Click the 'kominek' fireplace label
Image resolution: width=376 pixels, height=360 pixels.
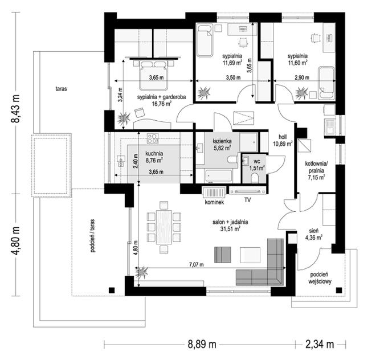point(214,202)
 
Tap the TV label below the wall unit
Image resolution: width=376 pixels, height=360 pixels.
point(247,199)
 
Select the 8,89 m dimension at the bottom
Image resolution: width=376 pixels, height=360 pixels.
point(202,345)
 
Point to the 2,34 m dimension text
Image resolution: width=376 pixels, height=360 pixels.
point(320,345)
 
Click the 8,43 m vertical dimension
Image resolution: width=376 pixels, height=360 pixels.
point(15,109)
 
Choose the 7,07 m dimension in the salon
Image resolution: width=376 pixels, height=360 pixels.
point(196,264)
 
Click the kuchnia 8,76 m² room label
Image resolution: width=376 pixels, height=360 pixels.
point(154,157)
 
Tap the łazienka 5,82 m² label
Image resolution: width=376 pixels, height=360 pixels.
point(222,145)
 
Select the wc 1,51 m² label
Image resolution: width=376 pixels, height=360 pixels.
point(257,165)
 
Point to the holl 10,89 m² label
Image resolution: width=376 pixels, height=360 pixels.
point(283,140)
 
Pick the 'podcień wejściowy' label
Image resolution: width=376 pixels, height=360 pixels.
point(320,278)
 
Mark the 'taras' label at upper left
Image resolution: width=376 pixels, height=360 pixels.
point(61,89)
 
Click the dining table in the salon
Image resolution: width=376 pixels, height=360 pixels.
point(164,227)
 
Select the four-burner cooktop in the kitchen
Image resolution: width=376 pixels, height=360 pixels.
point(153,138)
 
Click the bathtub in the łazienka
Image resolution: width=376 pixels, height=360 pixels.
point(218,176)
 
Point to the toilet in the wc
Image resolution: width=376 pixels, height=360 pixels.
point(254,178)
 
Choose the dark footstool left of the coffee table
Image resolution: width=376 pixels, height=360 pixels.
point(223,255)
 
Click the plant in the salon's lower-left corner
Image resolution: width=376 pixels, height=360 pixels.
point(142,272)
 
